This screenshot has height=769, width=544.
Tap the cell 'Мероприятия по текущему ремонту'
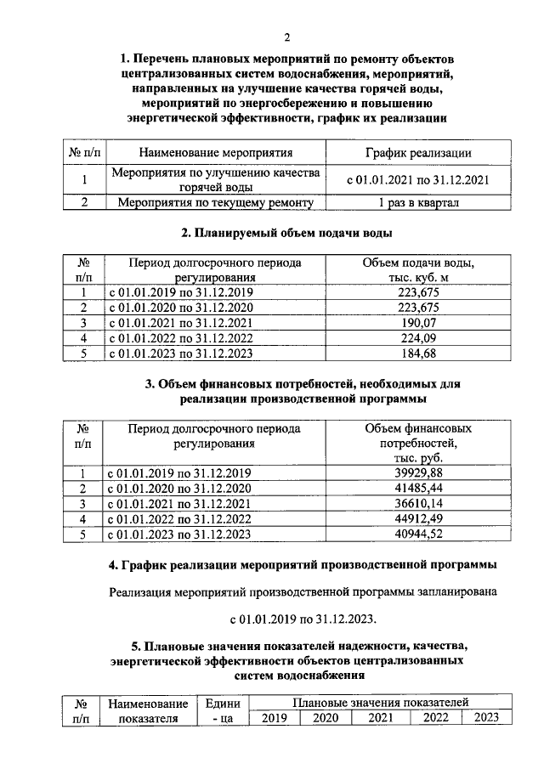(x=216, y=202)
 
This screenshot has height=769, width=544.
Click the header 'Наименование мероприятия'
(x=216, y=153)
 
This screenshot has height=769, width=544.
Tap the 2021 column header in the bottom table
(x=381, y=718)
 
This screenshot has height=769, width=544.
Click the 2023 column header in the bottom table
(x=485, y=718)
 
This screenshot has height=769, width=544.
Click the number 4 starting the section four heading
(x=114, y=565)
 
